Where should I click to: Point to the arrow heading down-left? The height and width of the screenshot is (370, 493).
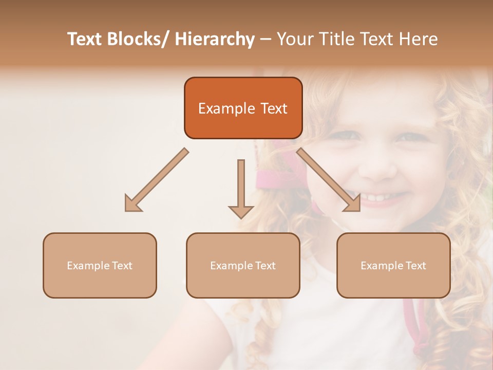pyautogui.click(x=154, y=182)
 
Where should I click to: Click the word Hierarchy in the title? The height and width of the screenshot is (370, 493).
pyautogui.click(x=215, y=39)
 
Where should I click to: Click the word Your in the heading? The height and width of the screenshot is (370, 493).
pyautogui.click(x=295, y=39)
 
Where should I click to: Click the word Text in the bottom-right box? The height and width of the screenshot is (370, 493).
pyautogui.click(x=415, y=266)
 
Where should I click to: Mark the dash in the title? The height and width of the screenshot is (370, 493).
pyautogui.click(x=266, y=39)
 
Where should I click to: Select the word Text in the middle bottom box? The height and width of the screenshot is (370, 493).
pyautogui.click(x=265, y=266)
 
